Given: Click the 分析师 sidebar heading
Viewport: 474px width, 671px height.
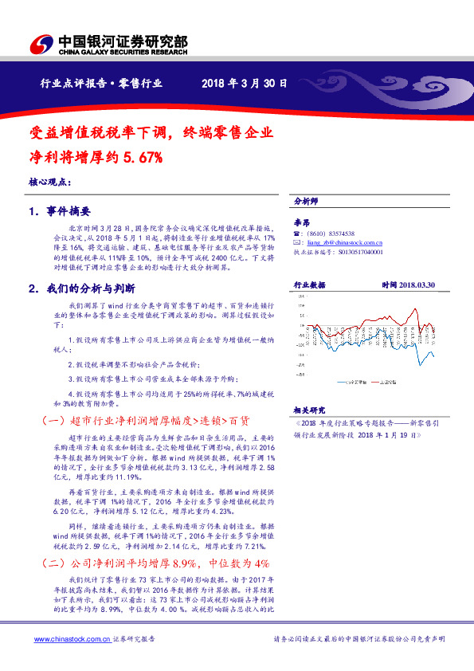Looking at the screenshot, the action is tap(306, 202).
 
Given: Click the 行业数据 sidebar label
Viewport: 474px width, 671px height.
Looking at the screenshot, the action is tap(310, 284).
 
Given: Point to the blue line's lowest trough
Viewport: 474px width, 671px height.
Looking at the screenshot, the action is tap(421, 365).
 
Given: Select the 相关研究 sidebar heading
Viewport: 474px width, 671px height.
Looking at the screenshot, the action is tap(310, 408).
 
